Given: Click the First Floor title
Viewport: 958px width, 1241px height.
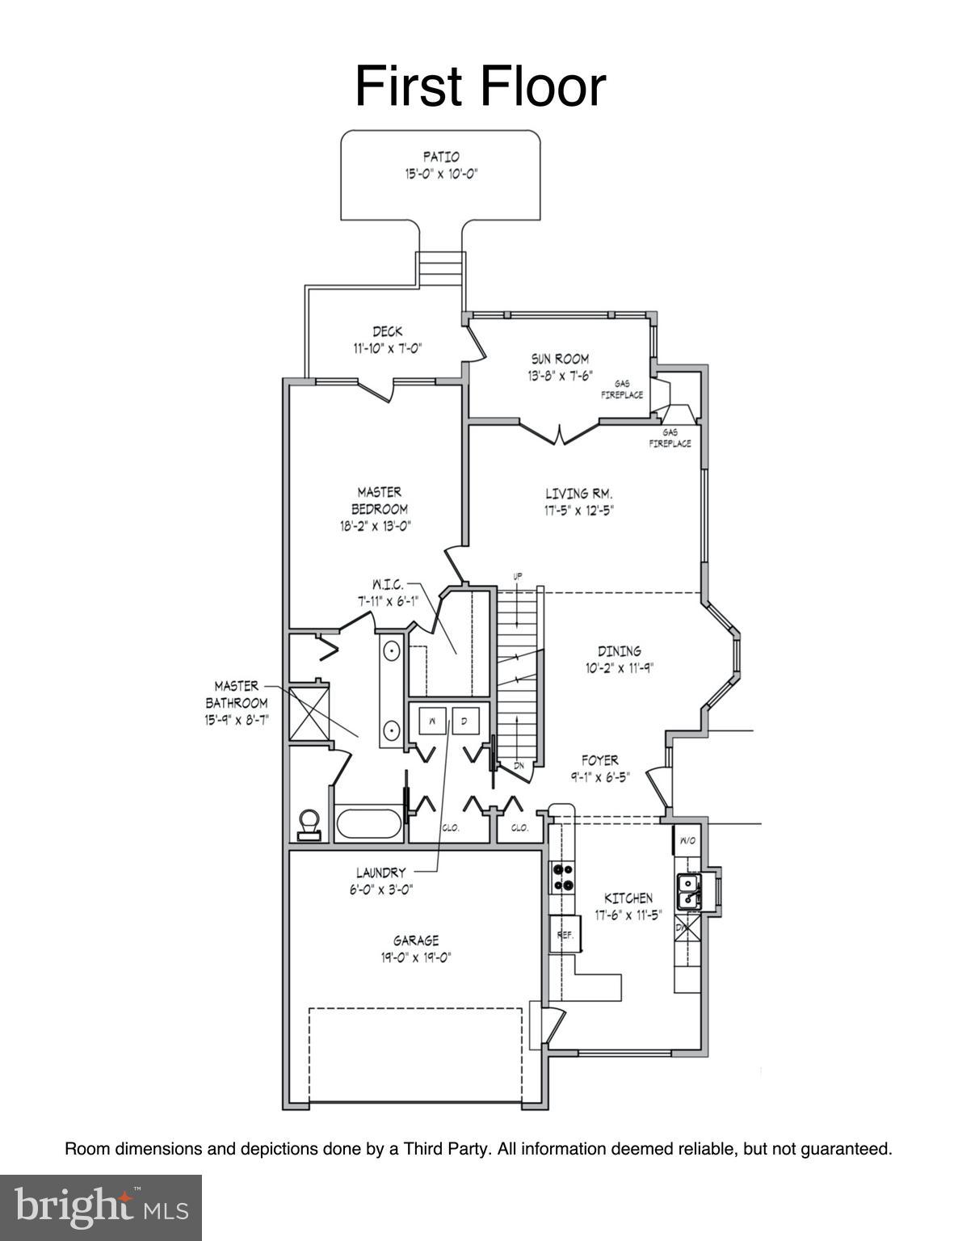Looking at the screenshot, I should coord(480,87).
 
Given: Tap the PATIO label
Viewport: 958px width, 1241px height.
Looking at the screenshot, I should coord(441,157).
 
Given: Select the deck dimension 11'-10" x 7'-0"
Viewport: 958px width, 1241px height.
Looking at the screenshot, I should coord(388,349).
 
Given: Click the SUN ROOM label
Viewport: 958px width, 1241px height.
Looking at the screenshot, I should coord(560,358).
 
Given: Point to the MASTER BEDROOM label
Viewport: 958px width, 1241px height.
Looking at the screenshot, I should coord(379,500).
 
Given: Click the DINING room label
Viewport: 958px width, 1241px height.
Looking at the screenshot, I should coord(620,650).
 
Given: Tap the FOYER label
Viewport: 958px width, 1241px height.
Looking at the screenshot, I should coord(600,759).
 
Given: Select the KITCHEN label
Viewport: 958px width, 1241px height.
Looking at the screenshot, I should coord(628,898).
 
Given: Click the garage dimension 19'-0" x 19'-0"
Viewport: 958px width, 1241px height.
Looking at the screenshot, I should coord(416,958).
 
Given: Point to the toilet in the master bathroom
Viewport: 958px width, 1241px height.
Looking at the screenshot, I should coord(309,824).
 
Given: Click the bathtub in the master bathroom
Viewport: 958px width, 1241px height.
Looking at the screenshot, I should coord(368,824).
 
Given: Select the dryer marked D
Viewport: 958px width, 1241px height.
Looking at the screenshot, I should coord(465,720).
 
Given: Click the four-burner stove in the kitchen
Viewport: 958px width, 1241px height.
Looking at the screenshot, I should coord(562,877).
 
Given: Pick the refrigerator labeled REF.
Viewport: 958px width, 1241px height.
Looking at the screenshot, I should coord(565,935).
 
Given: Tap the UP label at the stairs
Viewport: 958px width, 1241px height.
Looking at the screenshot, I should coord(518,576).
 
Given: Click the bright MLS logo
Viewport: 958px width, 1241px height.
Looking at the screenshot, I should coord(101,1207).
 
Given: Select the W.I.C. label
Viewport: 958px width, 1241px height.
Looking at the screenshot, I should coord(387,583).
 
